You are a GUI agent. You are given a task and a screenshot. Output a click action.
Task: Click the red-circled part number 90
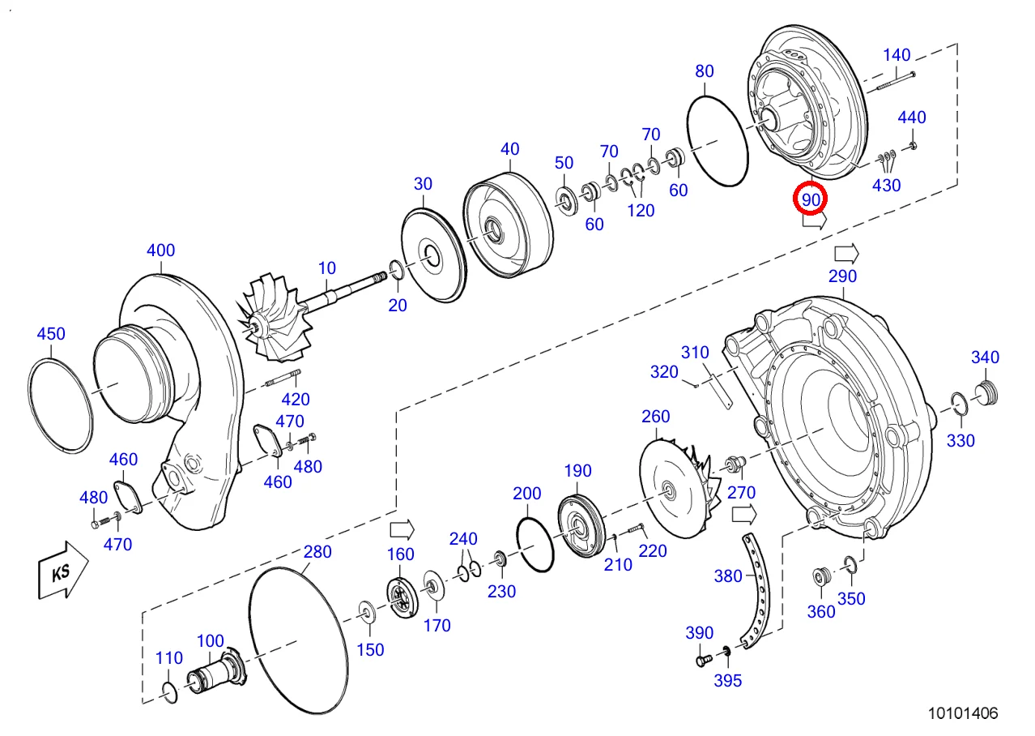[x=811, y=200]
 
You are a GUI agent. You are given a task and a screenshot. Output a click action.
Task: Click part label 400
[x=161, y=250]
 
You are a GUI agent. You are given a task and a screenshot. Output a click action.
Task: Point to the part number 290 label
[x=842, y=276]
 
